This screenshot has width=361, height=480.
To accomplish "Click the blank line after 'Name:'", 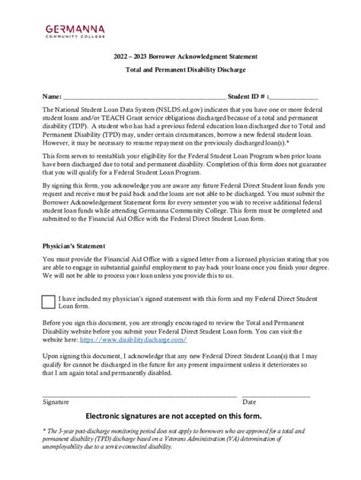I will tap(144, 98).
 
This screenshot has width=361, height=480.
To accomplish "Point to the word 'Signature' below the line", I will tap(56, 401).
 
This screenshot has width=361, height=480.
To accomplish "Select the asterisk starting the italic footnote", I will tap(43, 431).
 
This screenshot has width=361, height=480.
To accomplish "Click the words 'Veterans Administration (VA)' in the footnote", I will tap(227, 439).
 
